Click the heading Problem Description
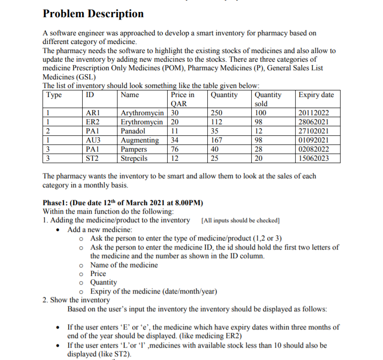[x=93, y=14]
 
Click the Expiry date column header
[x=316, y=95]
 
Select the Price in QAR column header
[x=182, y=99]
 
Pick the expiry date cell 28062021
[x=313, y=122]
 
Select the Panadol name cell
[x=133, y=131]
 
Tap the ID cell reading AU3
[x=93, y=140]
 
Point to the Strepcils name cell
[x=134, y=158]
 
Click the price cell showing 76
[x=175, y=149]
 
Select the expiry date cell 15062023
[x=313, y=158]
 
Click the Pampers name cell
[x=134, y=149]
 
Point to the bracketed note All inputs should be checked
[x=241, y=220]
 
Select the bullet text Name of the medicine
[x=124, y=265]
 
